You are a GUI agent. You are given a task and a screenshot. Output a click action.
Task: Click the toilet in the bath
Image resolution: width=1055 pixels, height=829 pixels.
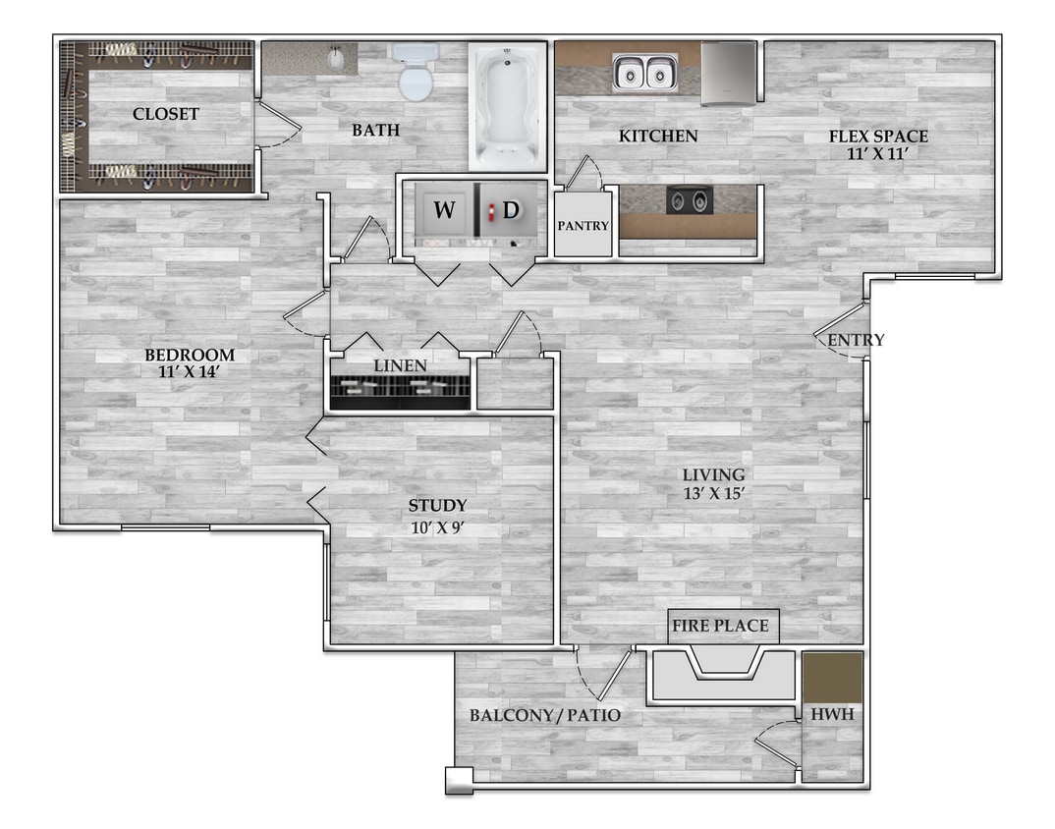(x=416, y=72)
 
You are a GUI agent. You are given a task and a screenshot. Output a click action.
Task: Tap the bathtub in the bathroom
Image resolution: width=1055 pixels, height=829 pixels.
(x=507, y=107)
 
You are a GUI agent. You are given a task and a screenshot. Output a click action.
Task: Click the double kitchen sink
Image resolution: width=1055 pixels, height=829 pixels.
(x=644, y=72)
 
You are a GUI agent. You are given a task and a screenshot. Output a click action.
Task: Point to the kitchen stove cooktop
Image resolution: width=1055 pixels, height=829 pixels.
(x=690, y=199)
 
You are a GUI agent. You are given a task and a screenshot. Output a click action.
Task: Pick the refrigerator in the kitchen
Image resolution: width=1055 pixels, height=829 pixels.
(x=728, y=74)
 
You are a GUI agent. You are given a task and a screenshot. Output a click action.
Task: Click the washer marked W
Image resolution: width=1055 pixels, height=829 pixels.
(x=444, y=209)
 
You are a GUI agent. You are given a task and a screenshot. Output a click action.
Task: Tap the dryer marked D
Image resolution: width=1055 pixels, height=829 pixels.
(x=510, y=209)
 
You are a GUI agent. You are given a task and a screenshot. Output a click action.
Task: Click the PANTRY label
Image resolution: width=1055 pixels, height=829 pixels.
(x=583, y=226)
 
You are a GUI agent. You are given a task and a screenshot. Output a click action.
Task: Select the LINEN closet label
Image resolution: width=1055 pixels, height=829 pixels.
(x=401, y=365)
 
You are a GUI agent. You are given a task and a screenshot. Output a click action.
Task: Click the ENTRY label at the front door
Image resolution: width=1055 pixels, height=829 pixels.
(x=856, y=340)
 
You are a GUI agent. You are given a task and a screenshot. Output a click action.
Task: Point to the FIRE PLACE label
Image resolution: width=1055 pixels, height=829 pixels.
(x=720, y=626)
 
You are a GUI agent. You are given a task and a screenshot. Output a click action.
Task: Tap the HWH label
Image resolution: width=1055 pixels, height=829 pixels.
(x=832, y=714)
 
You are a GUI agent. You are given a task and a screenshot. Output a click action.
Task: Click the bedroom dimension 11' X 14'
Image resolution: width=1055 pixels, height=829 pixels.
(x=190, y=371)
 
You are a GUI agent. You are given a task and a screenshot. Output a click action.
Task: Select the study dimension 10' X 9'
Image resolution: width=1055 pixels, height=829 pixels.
(x=438, y=527)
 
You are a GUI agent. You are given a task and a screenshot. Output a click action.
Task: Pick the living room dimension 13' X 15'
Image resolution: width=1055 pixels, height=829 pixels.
(x=714, y=493)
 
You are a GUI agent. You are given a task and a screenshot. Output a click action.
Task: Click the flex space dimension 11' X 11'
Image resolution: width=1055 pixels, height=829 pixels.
(x=878, y=153)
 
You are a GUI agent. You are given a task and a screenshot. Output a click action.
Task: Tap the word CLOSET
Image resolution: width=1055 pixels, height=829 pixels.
(x=165, y=114)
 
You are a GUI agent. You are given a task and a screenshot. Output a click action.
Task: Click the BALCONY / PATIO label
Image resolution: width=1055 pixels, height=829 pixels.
(x=545, y=715)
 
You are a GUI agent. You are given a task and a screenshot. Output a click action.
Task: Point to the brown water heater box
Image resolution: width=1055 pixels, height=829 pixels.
(x=833, y=678)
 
